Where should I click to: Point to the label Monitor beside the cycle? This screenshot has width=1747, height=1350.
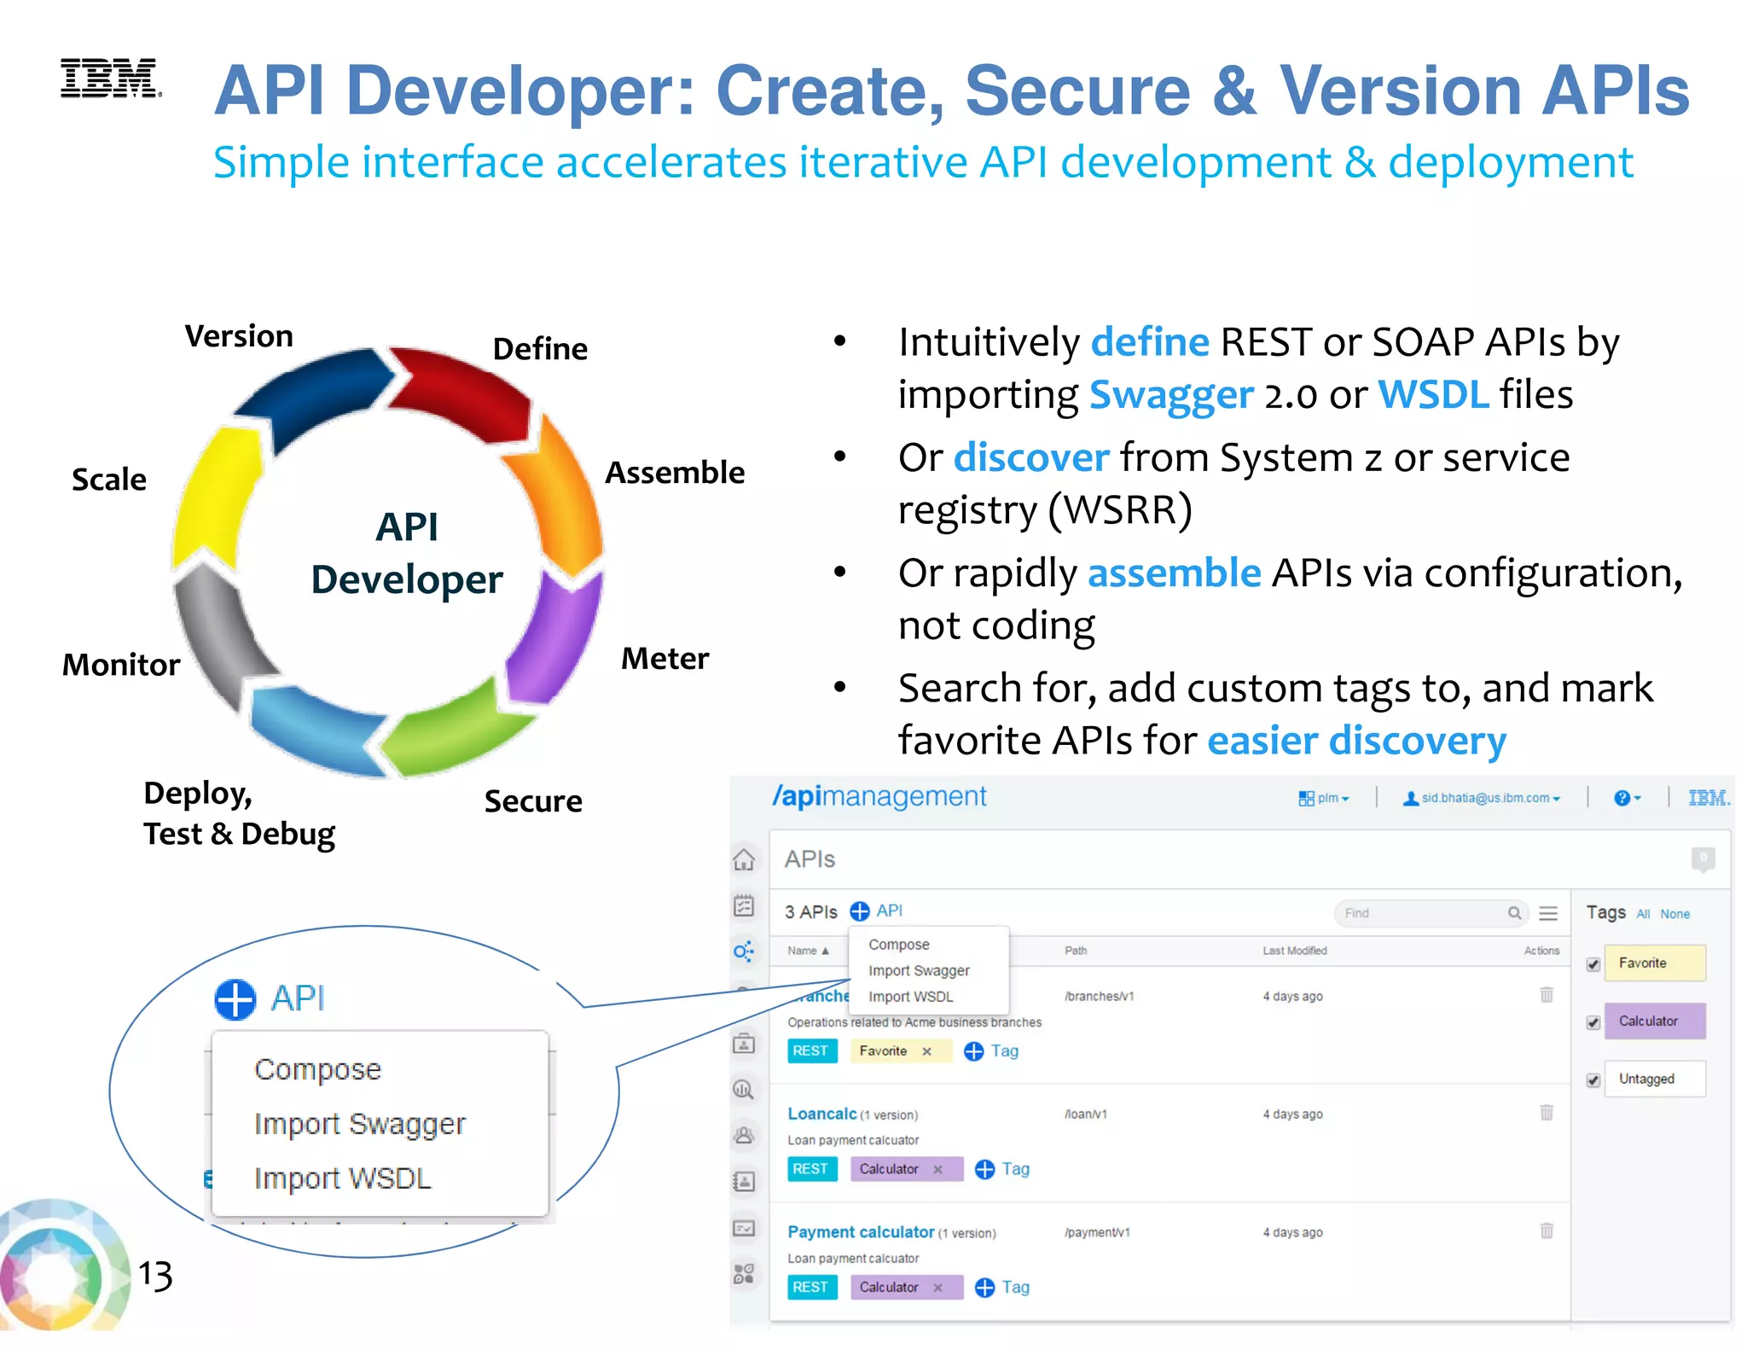pos(121,665)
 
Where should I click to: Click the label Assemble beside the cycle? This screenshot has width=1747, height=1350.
pos(674,473)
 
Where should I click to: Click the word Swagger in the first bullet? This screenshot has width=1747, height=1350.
pos(1171,395)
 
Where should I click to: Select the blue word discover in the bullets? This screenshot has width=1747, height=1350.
pos(1031,458)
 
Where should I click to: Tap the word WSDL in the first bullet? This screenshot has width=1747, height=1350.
pos(1433,395)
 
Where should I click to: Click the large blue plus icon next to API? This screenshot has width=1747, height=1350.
pos(235,999)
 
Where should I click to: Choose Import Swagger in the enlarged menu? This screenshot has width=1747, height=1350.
pos(359,1124)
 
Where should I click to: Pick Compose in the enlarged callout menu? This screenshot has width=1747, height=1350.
pos(317,1069)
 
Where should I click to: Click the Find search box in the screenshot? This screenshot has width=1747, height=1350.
pos(1420,913)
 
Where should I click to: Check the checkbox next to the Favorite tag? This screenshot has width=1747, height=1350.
pos(1593,964)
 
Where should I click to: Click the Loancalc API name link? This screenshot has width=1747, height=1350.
pos(821,1114)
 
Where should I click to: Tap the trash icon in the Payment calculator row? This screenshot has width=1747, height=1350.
pos(1547,1231)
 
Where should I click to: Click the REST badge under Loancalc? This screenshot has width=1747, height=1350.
pos(810,1169)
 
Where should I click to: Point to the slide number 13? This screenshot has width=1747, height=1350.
pos(155,1275)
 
